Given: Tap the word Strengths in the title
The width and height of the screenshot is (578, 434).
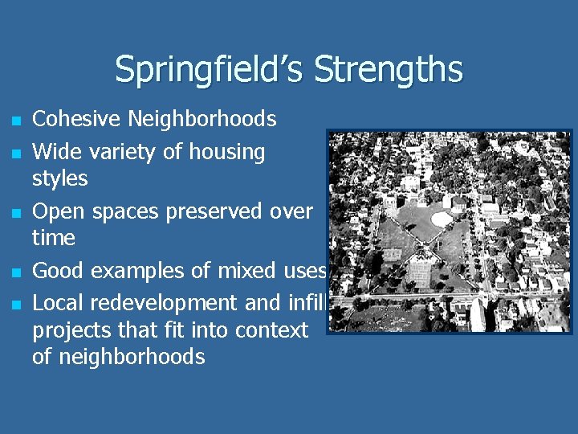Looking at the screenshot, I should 389,69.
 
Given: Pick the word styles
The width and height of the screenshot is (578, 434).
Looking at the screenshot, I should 59,178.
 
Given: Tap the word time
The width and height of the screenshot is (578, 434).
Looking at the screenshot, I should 53,238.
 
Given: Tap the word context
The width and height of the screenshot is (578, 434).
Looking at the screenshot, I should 270,330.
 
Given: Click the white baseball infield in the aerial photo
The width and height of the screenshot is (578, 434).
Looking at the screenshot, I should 441,219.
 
